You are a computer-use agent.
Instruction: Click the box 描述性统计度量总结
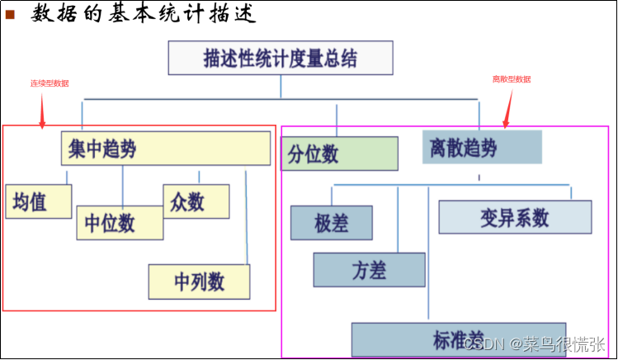pyautogui.click(x=281, y=58)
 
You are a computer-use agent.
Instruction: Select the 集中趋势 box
pyautogui.click(x=166, y=149)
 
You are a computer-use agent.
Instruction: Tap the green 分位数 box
pyautogui.click(x=339, y=153)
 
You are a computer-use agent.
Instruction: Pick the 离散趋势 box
pyautogui.click(x=482, y=147)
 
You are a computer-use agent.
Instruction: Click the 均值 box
pyautogui.click(x=38, y=201)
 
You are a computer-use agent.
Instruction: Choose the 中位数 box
pyautogui.click(x=119, y=222)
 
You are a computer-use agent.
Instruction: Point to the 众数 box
pyautogui.click(x=196, y=201)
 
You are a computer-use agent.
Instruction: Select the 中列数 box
pyautogui.click(x=199, y=281)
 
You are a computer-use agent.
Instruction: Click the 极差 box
pyautogui.click(x=332, y=222)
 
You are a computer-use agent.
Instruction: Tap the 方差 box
pyautogui.click(x=369, y=269)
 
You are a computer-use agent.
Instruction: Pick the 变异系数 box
pyautogui.click(x=515, y=216)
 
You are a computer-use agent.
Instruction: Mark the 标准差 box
pyautogui.click(x=458, y=339)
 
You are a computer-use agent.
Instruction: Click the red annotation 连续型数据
pyautogui.click(x=50, y=83)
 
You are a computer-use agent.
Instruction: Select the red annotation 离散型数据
pyautogui.click(x=512, y=79)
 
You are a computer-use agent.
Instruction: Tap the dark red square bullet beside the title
pyautogui.click(x=11, y=15)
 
